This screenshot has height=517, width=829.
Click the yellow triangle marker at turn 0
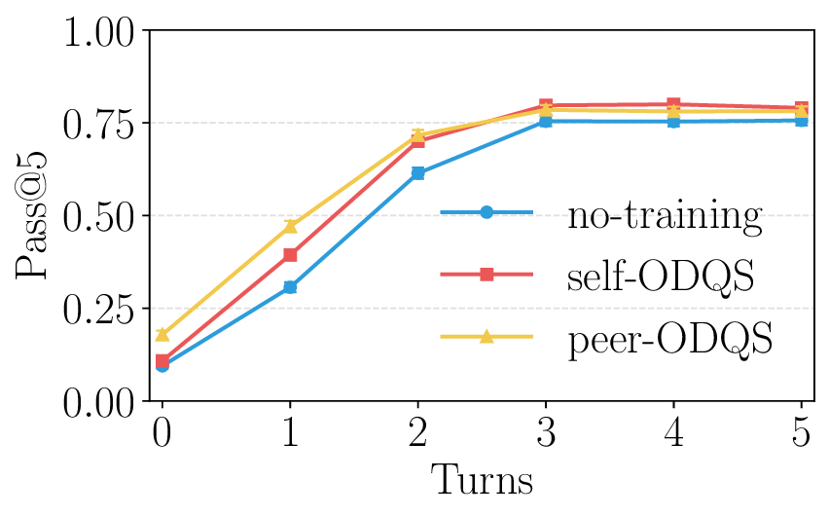[x=162, y=334]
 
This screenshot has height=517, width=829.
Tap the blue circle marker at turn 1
[x=290, y=287]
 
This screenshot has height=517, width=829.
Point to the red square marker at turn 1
[x=290, y=255]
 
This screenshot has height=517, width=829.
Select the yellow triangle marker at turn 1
[x=290, y=226]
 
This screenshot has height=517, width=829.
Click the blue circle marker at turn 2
[x=417, y=173]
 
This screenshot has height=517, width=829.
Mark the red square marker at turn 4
[x=673, y=104]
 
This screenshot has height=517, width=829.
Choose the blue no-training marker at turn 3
[x=546, y=122]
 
